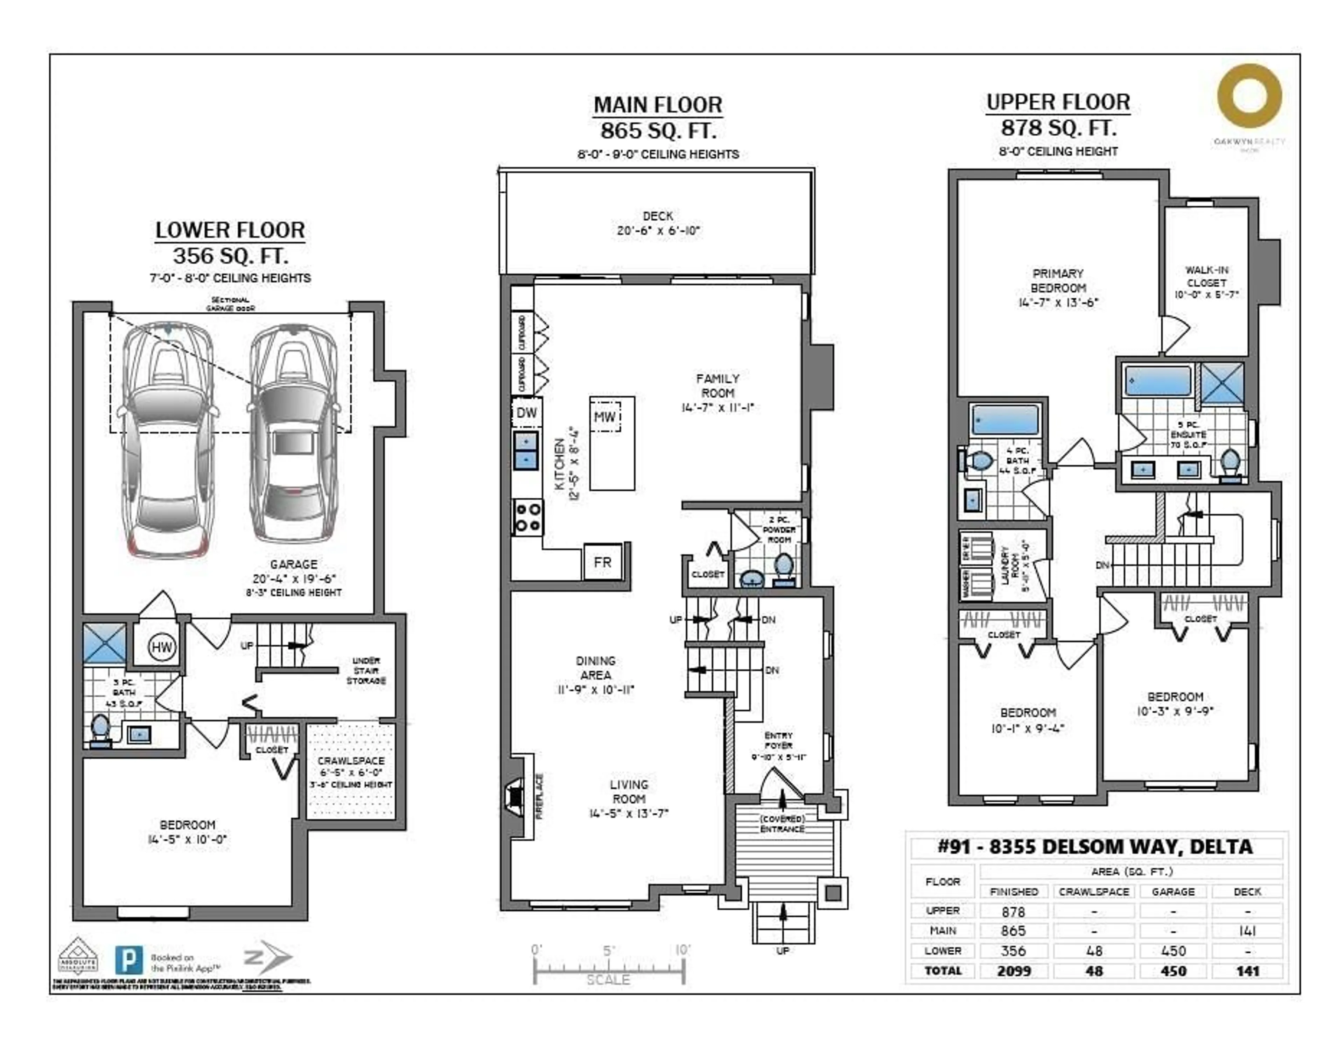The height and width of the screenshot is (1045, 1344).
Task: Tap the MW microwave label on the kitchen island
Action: [x=605, y=417]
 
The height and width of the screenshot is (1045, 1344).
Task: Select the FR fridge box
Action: [x=602, y=562]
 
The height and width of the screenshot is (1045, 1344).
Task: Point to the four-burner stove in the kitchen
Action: [x=527, y=517]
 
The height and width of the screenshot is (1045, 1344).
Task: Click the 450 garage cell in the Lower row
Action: [x=1173, y=951]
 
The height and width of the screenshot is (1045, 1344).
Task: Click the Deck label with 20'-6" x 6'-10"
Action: [x=658, y=223]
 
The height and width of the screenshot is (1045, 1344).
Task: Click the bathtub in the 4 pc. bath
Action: [x=1005, y=420]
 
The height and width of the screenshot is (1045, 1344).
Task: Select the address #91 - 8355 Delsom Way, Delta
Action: [x=1095, y=847]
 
